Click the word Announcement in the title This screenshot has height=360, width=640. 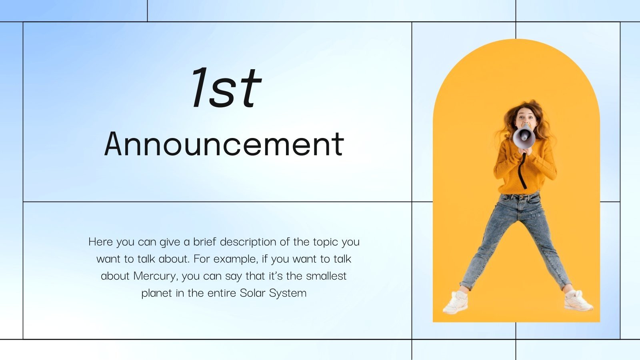(224, 144)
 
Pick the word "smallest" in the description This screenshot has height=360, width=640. (326, 276)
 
